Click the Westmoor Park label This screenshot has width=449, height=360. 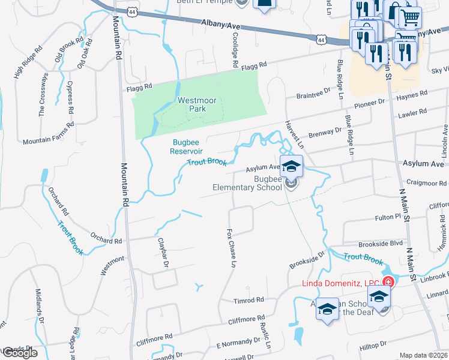pyautogui.click(x=191, y=105)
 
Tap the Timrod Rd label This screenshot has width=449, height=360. pyautogui.click(x=249, y=299)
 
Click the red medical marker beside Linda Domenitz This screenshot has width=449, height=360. pyautogui.click(x=388, y=281)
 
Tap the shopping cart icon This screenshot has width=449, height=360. pyautogui.click(x=410, y=18)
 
